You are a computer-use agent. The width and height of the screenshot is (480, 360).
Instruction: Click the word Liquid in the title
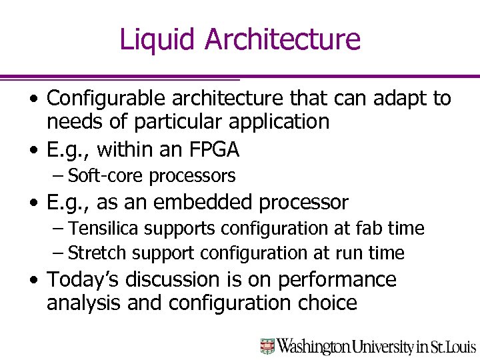coord(158,39)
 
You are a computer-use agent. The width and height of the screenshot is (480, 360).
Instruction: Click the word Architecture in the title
coord(283,39)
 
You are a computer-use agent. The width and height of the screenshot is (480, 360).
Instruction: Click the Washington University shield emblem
coord(267,346)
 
